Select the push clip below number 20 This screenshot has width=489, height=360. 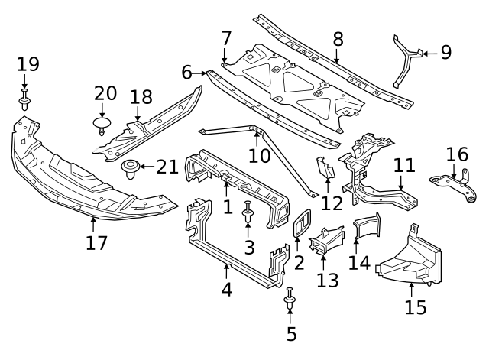pyautogui.click(x=102, y=124)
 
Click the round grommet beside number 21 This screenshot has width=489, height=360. pyautogui.click(x=130, y=167)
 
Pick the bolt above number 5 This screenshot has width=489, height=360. pyautogui.click(x=290, y=299)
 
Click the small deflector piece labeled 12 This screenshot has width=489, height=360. pyautogui.click(x=324, y=169)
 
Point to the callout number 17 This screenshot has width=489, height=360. pyautogui.click(x=96, y=243)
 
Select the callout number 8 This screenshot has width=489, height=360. pyautogui.click(x=338, y=40)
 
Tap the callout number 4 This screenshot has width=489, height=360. pyautogui.click(x=227, y=291)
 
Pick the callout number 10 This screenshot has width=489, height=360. pyautogui.click(x=260, y=155)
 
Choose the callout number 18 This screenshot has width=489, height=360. pyautogui.click(x=141, y=97)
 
